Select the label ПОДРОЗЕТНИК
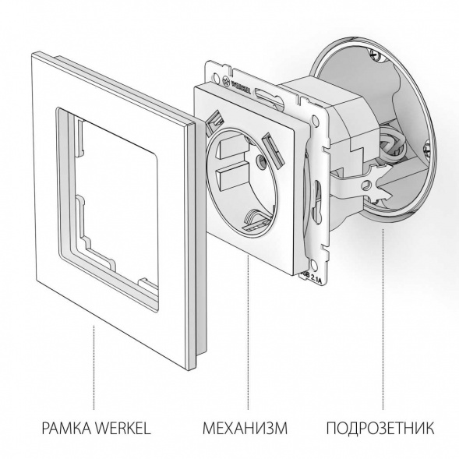[x=380, y=428]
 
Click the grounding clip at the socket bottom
[x=256, y=221]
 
